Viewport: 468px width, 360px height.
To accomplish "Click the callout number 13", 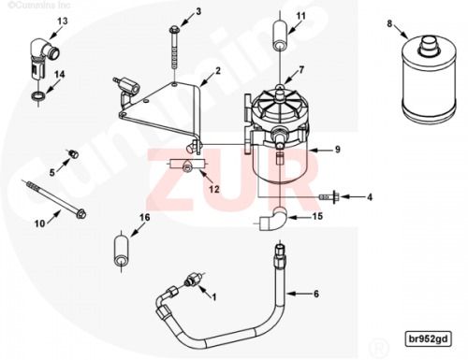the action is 63,22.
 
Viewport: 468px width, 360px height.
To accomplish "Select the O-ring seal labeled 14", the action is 38,95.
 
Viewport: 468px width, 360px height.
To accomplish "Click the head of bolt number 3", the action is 173,30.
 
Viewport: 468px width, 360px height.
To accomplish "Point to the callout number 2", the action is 218,71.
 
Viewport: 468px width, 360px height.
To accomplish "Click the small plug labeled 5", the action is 73,153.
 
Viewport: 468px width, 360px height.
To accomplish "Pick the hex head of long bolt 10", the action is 81,214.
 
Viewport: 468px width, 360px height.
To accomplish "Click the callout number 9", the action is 338,150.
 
